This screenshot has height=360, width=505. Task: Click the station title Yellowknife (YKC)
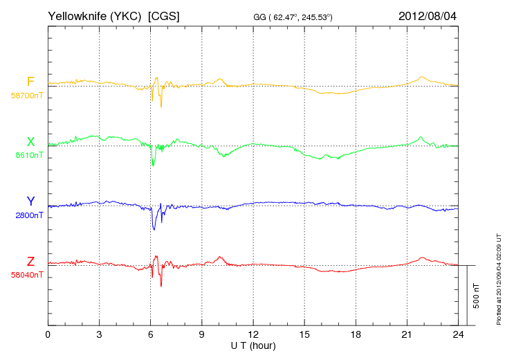pos(95,15)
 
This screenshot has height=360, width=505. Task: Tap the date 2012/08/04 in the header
pos(428,15)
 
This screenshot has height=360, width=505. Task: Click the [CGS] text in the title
pos(164,15)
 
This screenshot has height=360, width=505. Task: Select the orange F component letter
pos(30,82)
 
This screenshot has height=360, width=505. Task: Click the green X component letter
pos(30,142)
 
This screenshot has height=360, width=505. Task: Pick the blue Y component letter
pos(30,201)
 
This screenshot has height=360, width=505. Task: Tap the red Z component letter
pos(30,261)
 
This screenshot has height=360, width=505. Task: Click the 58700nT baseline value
pos(26,96)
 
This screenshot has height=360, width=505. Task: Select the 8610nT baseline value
pos(29,156)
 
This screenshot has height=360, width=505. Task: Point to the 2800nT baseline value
pos(29,215)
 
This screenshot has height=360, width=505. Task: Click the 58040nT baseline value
pos(26,275)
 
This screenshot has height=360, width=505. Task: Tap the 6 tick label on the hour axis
pos(151,335)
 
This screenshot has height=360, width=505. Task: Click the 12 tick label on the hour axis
pos(253,335)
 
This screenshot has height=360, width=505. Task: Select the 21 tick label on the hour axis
pos(407,335)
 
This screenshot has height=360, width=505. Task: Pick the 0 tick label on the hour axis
pos(48,335)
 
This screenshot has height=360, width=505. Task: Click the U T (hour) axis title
pos(253,345)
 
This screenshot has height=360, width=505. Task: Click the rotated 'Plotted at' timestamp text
pos(498,277)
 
